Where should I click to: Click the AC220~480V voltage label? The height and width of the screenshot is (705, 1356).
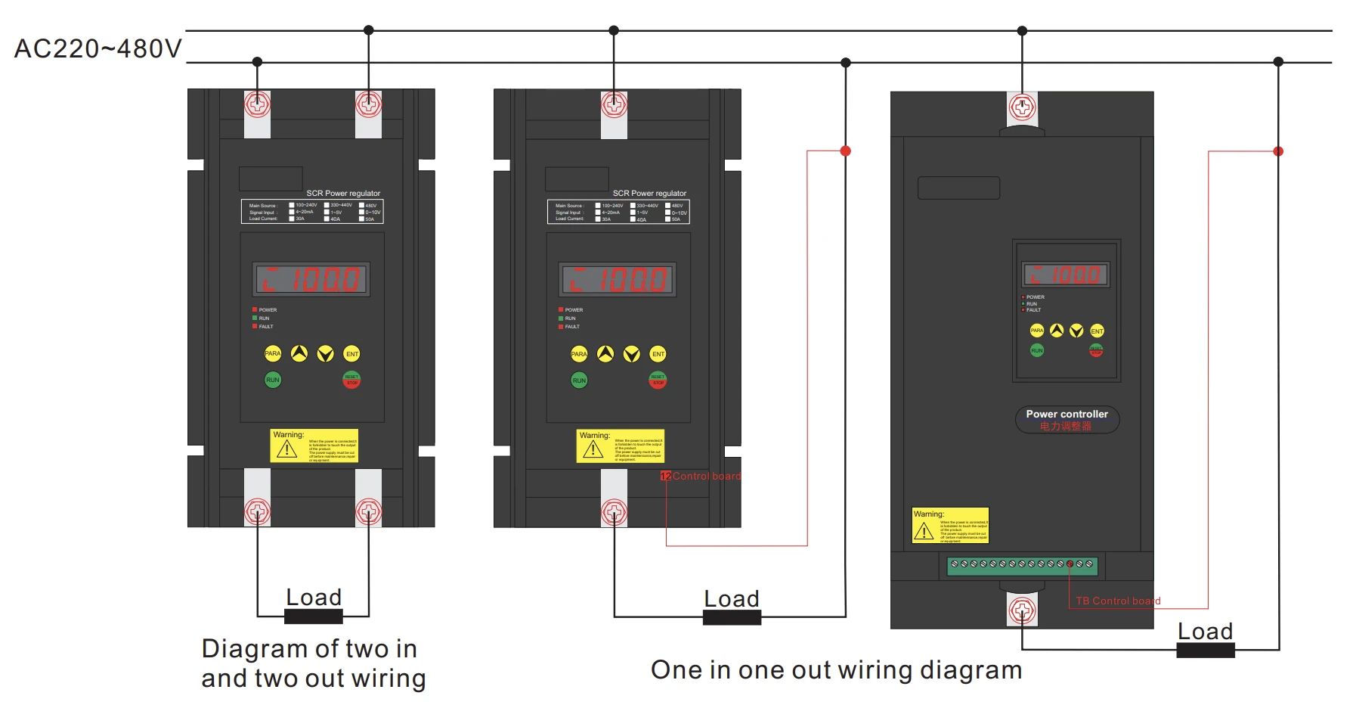tap(98, 49)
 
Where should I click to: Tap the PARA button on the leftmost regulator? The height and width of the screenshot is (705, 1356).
tap(273, 353)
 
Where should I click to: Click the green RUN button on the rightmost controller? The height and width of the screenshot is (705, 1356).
tap(1037, 350)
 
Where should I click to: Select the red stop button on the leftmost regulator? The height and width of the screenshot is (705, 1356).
tap(351, 380)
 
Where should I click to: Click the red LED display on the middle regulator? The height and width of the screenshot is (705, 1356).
tap(617, 280)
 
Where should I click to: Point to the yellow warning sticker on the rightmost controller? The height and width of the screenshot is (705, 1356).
tap(950, 525)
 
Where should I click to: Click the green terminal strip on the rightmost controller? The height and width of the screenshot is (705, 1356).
tap(1022, 564)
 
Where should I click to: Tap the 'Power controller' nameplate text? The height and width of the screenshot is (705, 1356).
tap(1067, 415)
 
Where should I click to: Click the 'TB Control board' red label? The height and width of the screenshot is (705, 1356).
tap(1118, 601)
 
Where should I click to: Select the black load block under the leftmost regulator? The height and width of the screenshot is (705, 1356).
tap(313, 616)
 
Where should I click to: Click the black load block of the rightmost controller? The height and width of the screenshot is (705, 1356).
tap(1205, 650)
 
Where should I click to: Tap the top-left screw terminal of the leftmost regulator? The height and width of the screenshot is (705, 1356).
tap(257, 104)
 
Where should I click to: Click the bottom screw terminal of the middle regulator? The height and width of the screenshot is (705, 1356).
tap(614, 512)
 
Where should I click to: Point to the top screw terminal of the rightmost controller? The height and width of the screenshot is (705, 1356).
tap(1022, 107)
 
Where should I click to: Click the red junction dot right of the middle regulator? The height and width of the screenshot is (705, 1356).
tap(846, 151)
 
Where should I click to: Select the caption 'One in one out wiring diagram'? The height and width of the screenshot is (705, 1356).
tap(836, 670)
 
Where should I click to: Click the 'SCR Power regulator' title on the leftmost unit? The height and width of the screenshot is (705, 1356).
tap(343, 194)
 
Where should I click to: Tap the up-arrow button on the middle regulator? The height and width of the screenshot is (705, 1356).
tap(605, 354)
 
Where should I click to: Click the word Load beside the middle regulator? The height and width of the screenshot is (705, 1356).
tap(731, 599)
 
